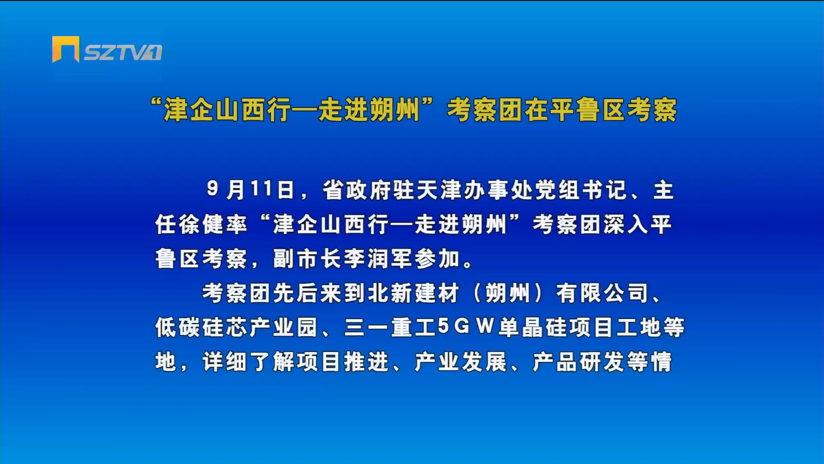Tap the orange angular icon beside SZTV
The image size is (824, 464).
(x=66, y=49)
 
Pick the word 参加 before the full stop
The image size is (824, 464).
(x=437, y=258)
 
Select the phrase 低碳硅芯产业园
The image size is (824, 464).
(x=236, y=327)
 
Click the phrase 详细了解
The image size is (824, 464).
(x=248, y=362)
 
